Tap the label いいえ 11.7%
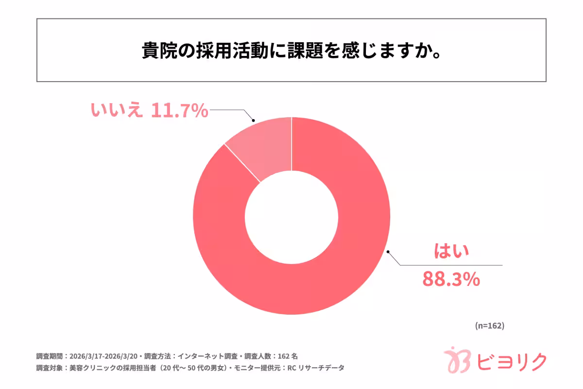tap(149, 111)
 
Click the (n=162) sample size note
tap(489, 326)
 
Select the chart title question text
tap(291, 51)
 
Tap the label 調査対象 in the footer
tap(49, 368)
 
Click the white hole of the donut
tap(291, 215)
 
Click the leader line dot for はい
tap(388, 252)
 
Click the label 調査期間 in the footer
tap(49, 355)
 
